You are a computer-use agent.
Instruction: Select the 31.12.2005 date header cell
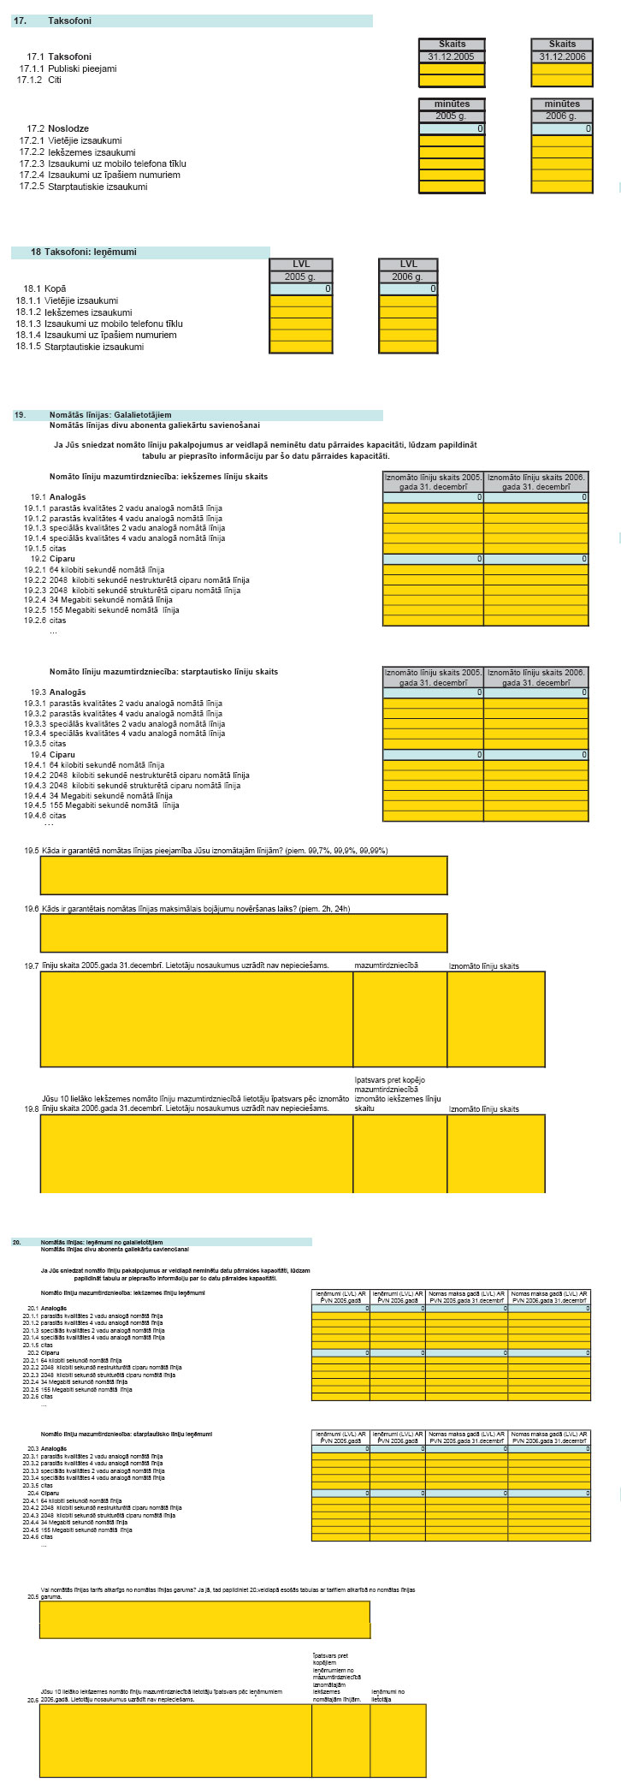pos(452,56)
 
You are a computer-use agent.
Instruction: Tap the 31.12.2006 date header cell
pos(562,56)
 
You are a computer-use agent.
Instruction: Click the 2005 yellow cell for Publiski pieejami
pos(452,68)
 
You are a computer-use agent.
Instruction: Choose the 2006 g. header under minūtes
pos(562,116)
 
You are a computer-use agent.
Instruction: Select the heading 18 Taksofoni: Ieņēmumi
pos(83,252)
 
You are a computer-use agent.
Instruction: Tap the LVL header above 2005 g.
pos(301,264)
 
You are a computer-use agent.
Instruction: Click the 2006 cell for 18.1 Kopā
pos(408,289)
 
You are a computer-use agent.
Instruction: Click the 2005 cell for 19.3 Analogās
pos(433,692)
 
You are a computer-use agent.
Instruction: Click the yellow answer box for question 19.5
pos(243,875)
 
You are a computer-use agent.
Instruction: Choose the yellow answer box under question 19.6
pos(243,933)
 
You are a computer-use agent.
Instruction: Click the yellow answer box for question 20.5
pos(204,1620)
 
